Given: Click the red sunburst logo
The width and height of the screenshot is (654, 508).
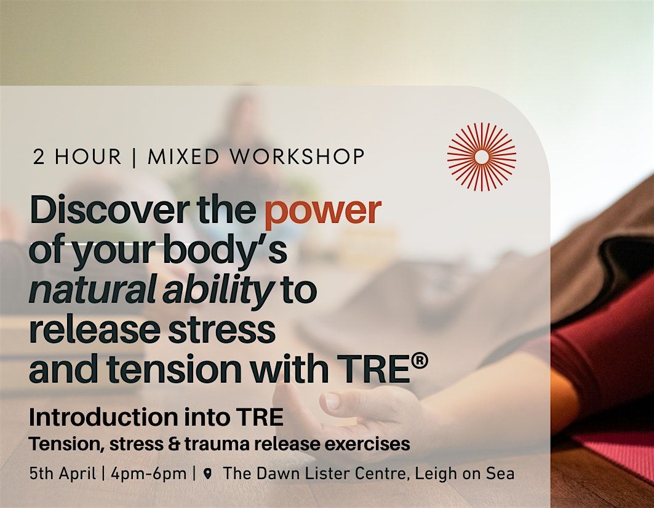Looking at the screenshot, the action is tap(482, 157).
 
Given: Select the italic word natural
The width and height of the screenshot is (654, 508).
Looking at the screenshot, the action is tap(92, 289).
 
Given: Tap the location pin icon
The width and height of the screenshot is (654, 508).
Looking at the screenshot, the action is tap(208, 474).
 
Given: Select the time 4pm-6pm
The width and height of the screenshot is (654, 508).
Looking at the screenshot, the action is tap(148, 474).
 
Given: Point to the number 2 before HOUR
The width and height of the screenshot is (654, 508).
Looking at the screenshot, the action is tap(38, 157).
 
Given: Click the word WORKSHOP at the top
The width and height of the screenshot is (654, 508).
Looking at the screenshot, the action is tap(297, 157).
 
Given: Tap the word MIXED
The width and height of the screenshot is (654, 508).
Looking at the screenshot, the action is tap(183, 157).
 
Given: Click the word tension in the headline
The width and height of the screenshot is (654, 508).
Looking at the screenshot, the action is tap(174, 369).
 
